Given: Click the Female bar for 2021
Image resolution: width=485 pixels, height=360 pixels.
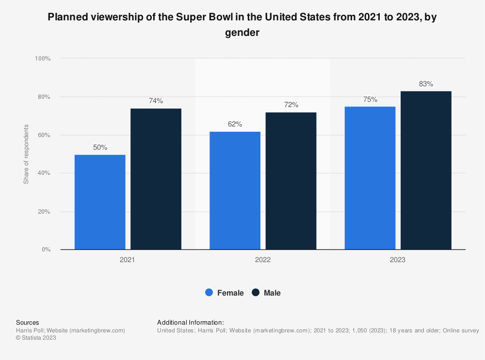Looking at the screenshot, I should tap(100, 202).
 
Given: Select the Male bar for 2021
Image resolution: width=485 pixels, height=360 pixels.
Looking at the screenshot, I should tap(156, 179).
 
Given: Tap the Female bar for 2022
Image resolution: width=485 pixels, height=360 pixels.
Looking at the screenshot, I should tap(235, 190).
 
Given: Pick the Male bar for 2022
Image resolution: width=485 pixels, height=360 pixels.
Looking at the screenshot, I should tap(291, 181).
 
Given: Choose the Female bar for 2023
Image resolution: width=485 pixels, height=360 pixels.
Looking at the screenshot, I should tap(370, 178).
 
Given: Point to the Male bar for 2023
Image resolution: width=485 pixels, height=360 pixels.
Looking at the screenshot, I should tap(426, 170).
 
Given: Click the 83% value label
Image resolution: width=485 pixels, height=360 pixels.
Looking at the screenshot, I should tap(426, 84).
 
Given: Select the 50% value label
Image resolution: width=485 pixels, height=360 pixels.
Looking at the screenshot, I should tap(100, 147).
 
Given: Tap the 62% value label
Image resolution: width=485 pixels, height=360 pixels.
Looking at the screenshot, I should tap(235, 124).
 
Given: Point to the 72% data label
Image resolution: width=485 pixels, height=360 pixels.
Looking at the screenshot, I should tap(291, 105).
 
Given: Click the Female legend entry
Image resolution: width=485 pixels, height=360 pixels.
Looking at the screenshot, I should tap(225, 293).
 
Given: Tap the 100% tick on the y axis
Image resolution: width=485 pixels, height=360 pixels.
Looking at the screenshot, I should tap(43, 59).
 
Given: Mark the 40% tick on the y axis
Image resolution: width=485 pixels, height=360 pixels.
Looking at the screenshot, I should tap(44, 173).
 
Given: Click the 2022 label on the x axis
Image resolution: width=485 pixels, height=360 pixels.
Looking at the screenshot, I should tap(263, 260).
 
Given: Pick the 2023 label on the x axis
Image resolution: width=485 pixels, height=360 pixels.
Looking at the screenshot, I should tap(398, 260).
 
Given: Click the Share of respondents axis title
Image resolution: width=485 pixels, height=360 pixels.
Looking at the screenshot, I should tap(26, 154).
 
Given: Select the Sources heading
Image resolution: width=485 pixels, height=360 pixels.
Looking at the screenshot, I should tap(28, 322).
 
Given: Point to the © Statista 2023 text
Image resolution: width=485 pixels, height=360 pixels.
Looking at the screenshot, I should tap(36, 338).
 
